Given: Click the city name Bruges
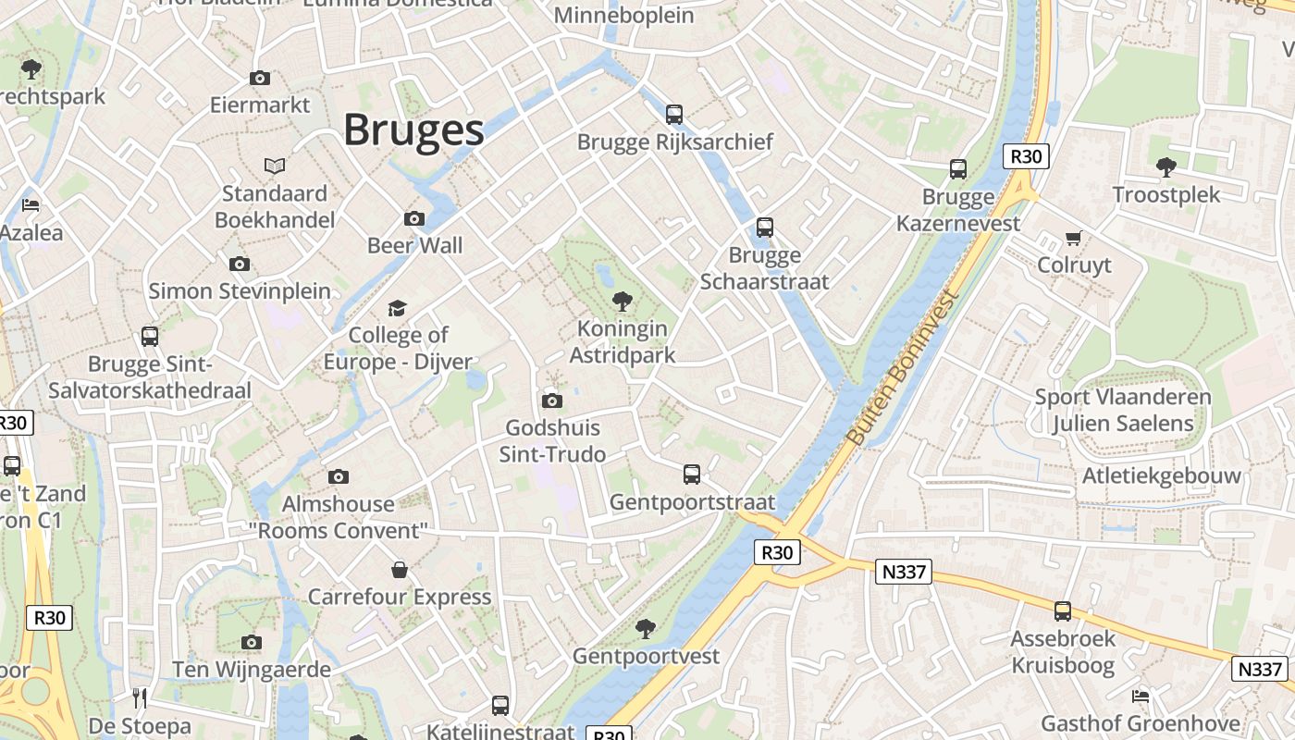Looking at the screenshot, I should pyautogui.click(x=413, y=130).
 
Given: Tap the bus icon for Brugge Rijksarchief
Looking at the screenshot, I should pyautogui.click(x=674, y=115).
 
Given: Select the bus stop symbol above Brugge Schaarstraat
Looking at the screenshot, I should pyautogui.click(x=764, y=228).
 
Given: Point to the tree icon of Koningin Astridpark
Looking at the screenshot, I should pyautogui.click(x=623, y=302).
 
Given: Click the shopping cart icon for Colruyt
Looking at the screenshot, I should pyautogui.click(x=1074, y=239).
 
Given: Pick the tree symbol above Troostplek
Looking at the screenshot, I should pyautogui.click(x=1165, y=167).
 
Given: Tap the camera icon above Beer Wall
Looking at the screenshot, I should pyautogui.click(x=414, y=219).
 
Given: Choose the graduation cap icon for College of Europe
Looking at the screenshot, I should pyautogui.click(x=397, y=308).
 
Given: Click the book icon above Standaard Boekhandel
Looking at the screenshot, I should pyautogui.click(x=275, y=166).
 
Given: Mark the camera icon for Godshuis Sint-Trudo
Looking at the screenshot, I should pyautogui.click(x=552, y=401).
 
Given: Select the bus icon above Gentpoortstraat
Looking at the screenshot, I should pyautogui.click(x=692, y=475).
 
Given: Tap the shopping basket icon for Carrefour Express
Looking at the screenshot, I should pyautogui.click(x=400, y=569).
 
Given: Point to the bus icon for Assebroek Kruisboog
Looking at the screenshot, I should pyautogui.click(x=1063, y=610).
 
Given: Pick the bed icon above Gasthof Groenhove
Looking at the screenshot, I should pyautogui.click(x=1141, y=696).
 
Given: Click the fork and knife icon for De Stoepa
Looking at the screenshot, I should pyautogui.click(x=140, y=697).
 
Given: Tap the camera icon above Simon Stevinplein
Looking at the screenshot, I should pyautogui.click(x=240, y=265).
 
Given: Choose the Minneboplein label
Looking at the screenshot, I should pyautogui.click(x=623, y=16).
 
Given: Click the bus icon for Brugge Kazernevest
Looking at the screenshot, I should pyautogui.click(x=958, y=169).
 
